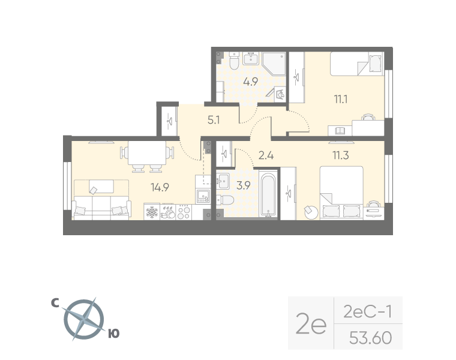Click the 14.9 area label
[x=160, y=188]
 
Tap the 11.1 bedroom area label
[x=341, y=100]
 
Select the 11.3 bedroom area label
[x=341, y=155]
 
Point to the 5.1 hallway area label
[x=214, y=120]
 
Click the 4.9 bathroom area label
[x=251, y=82]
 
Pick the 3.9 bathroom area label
[x=244, y=185]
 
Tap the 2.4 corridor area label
[x=266, y=155]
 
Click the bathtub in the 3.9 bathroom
[x=268, y=194]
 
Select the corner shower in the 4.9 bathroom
[x=274, y=64]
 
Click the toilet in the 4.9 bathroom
[x=234, y=61]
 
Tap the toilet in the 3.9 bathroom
[x=225, y=200]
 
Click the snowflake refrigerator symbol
[x=152, y=212]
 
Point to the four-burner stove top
[x=184, y=212]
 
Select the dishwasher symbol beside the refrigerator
[x=168, y=212]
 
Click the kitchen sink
[x=203, y=196]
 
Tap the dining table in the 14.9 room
[x=147, y=153]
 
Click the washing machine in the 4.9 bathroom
[x=280, y=94]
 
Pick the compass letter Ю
[x=114, y=334]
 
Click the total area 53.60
[x=371, y=338]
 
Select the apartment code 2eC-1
[x=368, y=312]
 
